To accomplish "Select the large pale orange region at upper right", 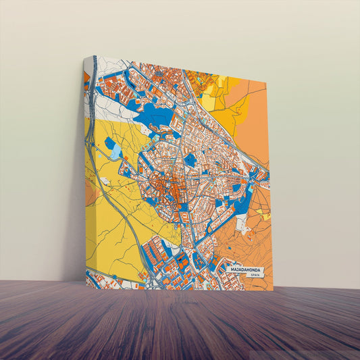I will (x=250, y=128).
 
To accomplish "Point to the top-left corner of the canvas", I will (x=85, y=57).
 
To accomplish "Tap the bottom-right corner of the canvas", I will (x=274, y=290).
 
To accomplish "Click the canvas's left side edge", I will (x=85, y=169).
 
